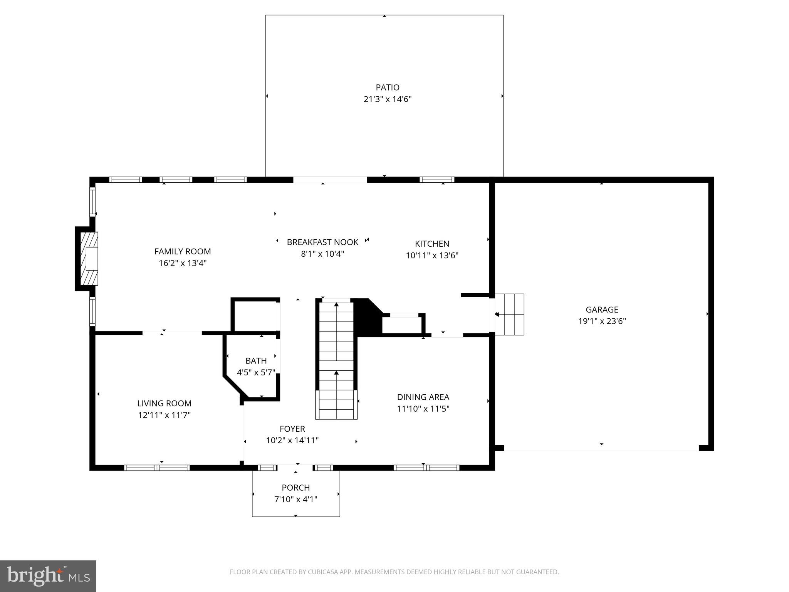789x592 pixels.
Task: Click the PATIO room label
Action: click(388, 87)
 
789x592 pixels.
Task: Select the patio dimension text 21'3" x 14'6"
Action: click(388, 99)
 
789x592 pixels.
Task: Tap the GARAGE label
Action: click(602, 309)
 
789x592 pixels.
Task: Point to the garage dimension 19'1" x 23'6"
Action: click(602, 321)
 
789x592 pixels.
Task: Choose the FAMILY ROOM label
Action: click(183, 252)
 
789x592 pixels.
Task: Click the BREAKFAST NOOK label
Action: click(322, 242)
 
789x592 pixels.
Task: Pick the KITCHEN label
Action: click(432, 244)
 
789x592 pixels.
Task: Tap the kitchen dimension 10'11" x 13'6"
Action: click(432, 256)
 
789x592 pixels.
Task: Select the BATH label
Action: click(256, 361)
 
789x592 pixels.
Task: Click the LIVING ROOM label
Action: click(164, 404)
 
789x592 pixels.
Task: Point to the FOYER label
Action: click(292, 429)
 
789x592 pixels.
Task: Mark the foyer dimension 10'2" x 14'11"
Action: click(292, 441)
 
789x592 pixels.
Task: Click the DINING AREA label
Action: click(423, 397)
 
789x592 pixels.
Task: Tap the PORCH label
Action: click(295, 488)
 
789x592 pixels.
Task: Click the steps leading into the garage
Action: click(509, 314)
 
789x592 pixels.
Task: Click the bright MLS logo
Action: click(48, 576)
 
